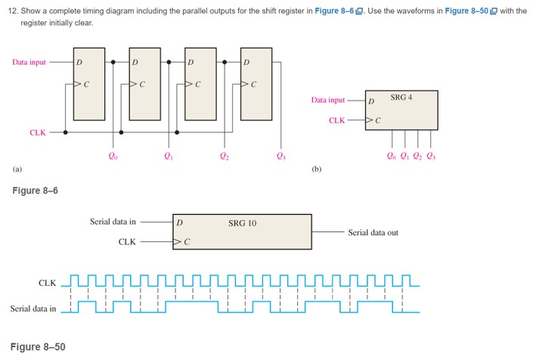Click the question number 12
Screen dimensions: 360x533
tap(14, 11)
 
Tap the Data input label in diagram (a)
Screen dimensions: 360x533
tap(29, 62)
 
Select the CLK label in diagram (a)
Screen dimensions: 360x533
tap(38, 132)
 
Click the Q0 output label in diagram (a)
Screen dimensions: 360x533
tap(113, 157)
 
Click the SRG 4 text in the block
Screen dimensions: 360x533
tap(401, 97)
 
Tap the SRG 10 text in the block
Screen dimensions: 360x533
tap(242, 223)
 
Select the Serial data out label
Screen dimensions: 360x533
tap(373, 233)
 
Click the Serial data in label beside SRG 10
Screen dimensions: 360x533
tap(113, 222)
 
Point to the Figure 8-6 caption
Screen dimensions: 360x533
tap(35, 190)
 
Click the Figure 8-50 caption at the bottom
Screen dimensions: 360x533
tap(38, 346)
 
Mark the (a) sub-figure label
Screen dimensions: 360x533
tap(17, 169)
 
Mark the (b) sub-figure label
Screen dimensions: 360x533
tap(317, 169)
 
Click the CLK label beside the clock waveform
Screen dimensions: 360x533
tap(47, 283)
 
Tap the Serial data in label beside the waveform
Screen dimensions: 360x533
tap(33, 308)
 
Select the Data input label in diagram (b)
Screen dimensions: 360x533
tap(327, 100)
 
